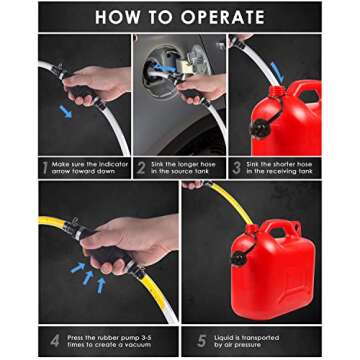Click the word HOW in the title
[119, 17]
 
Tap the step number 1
[44, 167]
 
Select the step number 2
[141, 167]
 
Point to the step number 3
[237, 167]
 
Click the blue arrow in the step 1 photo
[65, 112]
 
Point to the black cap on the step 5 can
[240, 259]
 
